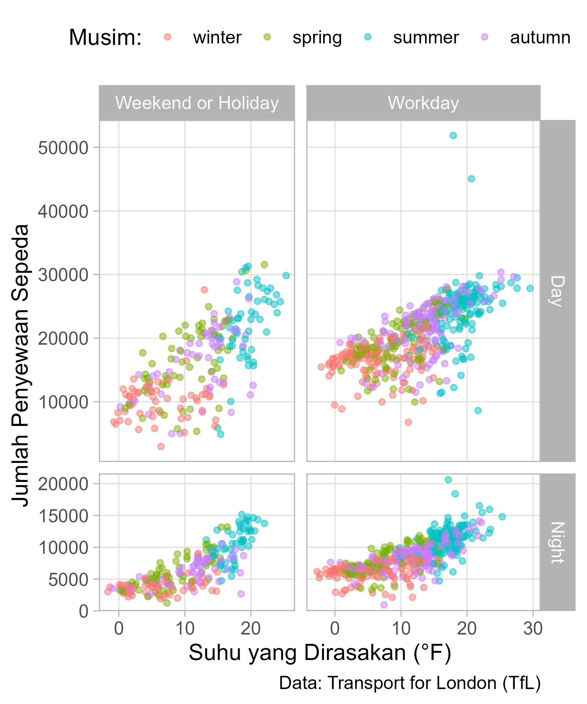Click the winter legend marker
167,37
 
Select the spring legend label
317,38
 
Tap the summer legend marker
368,37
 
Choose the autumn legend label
540,38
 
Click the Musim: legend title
105,37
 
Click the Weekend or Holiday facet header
197,103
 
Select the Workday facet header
423,103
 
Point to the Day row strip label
557,291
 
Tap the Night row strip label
557,542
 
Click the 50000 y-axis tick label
63,148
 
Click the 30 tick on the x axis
533,629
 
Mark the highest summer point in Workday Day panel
453,136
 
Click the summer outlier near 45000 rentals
471,179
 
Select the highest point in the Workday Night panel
448,480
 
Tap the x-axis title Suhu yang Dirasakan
320,653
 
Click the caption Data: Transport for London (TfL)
410,683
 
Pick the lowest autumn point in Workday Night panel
384,605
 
